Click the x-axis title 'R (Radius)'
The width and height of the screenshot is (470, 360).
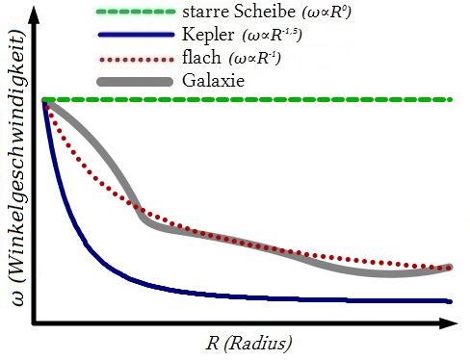(249, 343)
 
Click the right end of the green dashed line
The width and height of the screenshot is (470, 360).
(451, 99)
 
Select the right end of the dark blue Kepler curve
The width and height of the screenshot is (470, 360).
(451, 300)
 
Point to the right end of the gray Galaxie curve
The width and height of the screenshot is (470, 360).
(450, 267)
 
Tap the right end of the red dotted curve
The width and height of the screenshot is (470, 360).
(450, 264)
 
